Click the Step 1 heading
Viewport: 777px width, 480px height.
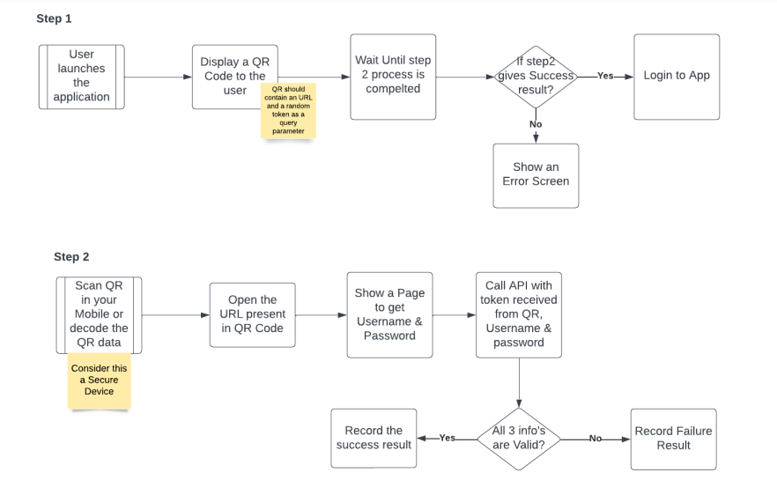click(x=55, y=18)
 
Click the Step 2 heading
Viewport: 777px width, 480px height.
click(x=71, y=257)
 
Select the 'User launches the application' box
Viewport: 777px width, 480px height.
click(x=82, y=77)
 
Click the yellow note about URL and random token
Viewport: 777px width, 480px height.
click(x=288, y=111)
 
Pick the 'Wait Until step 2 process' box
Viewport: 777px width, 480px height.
click(x=392, y=77)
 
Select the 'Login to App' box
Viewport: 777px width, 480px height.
click(x=677, y=77)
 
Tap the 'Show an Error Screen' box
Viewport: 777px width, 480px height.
click(x=536, y=175)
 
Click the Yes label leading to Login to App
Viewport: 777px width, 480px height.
click(x=605, y=77)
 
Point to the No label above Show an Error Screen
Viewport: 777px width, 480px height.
click(x=536, y=124)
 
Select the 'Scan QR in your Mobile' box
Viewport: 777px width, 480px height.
click(x=99, y=314)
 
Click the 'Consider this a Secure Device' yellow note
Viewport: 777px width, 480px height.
click(x=99, y=380)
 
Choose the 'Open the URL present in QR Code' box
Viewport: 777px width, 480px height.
click(x=252, y=314)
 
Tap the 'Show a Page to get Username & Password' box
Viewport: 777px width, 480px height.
click(x=388, y=314)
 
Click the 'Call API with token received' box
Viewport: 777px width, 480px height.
click(x=519, y=314)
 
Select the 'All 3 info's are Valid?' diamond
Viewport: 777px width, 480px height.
click(x=519, y=438)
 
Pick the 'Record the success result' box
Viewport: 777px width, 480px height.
click(x=374, y=438)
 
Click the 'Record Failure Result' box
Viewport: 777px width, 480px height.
click(x=673, y=438)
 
